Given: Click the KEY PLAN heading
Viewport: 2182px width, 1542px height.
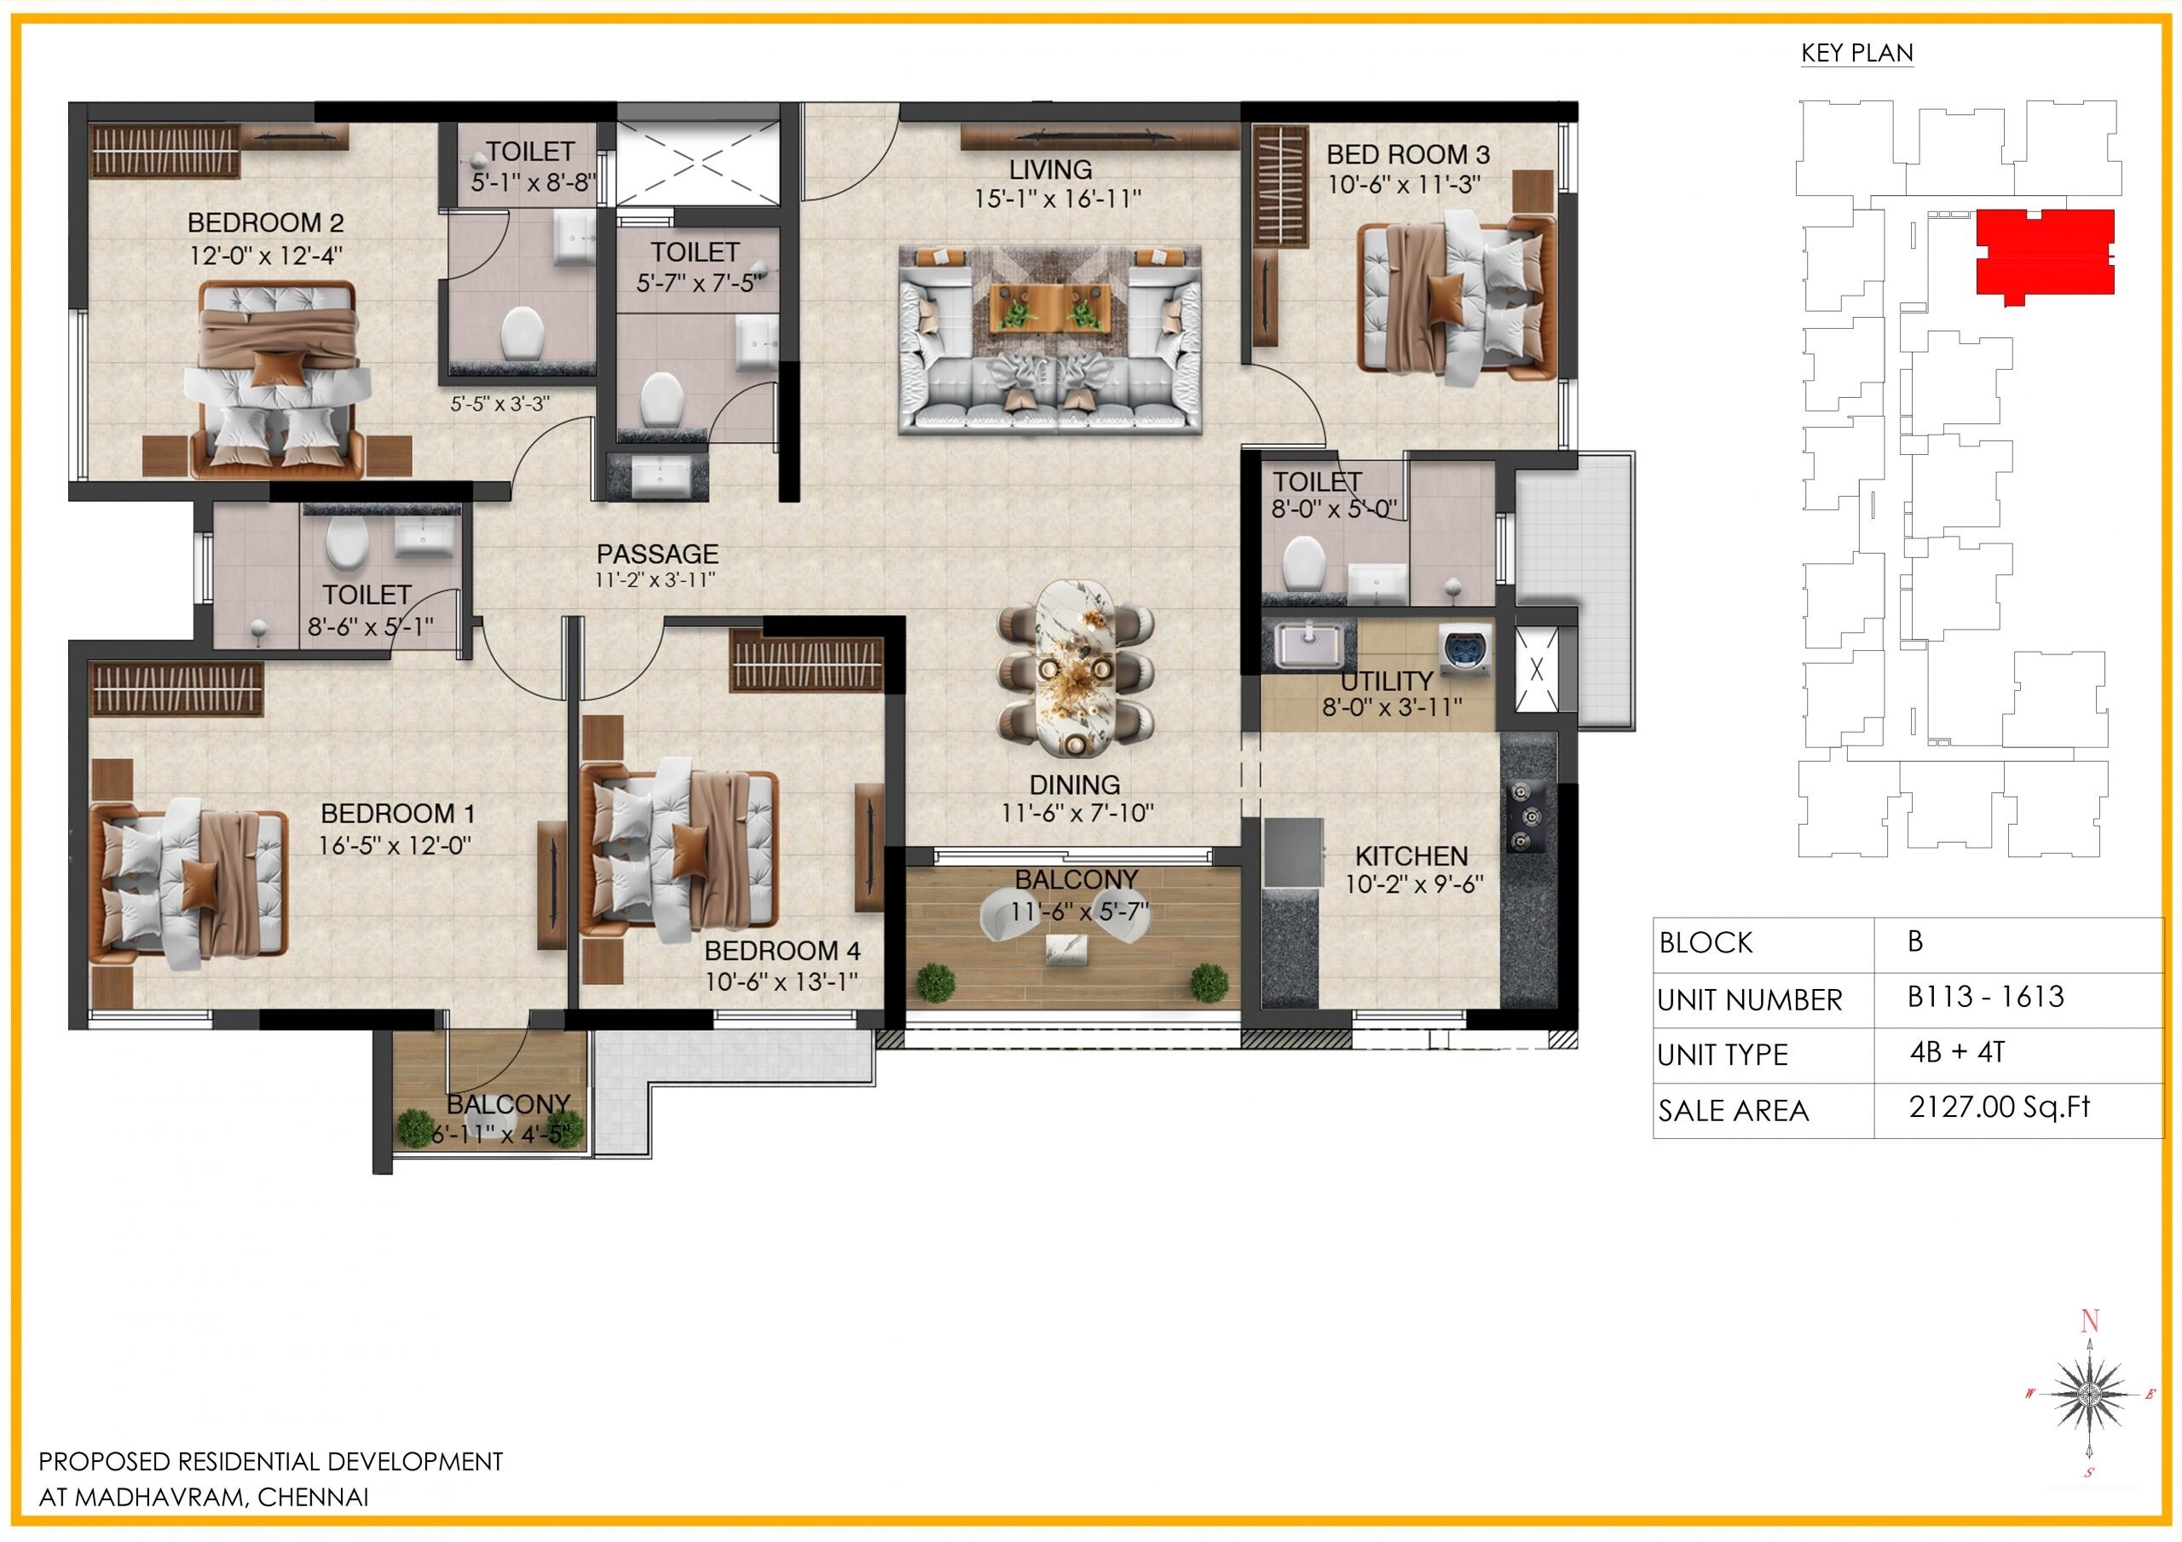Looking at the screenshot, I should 1856,53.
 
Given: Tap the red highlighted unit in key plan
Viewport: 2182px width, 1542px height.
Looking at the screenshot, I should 2044,252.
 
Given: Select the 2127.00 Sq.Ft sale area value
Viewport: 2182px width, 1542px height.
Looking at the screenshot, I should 1999,1107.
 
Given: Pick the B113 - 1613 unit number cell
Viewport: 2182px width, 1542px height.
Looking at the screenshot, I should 1985,997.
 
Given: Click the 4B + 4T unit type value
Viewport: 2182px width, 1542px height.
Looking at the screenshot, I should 1957,1052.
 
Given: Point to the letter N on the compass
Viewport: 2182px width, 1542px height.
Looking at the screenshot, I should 2089,1320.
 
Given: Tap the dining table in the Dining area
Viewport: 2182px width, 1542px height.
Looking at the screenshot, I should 1075,669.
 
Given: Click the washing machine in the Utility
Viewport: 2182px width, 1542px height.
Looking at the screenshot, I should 1464,649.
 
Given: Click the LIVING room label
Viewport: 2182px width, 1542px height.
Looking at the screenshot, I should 1050,170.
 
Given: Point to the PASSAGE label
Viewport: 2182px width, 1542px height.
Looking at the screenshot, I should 656,554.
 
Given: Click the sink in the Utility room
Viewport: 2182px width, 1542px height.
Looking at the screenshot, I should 1308,644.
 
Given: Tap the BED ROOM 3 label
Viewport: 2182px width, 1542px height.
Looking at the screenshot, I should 1407,154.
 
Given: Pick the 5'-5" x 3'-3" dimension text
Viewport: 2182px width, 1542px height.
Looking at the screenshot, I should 499,404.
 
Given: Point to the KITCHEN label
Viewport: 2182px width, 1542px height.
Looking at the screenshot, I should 1411,856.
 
